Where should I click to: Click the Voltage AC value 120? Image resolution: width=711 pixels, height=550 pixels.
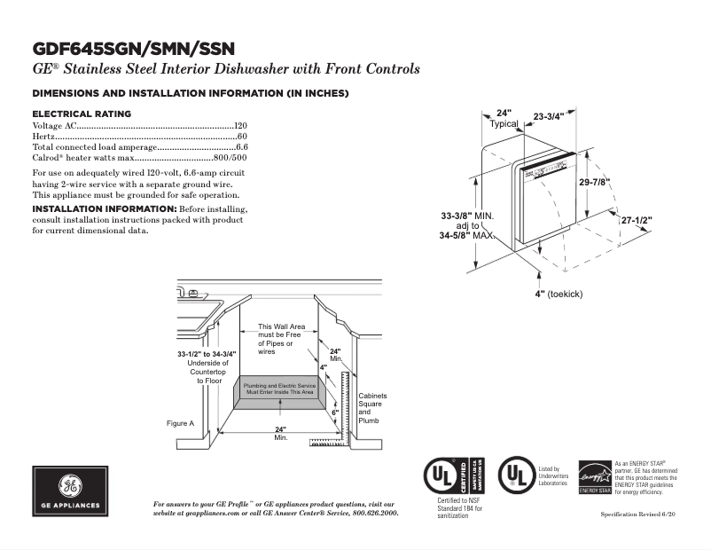point(240,127)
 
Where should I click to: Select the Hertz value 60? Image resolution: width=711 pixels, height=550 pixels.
point(242,137)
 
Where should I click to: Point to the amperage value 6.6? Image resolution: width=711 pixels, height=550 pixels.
point(241,146)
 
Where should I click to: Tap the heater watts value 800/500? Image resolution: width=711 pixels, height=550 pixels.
point(230,156)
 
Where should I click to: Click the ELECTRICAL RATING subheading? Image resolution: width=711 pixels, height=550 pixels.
point(82,114)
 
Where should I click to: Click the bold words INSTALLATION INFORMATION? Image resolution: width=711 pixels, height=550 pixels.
point(104,208)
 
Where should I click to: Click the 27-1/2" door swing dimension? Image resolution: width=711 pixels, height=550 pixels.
point(636,219)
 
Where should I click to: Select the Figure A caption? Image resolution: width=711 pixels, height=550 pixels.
point(180,423)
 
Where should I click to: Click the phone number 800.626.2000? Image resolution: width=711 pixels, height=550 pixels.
point(371,513)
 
